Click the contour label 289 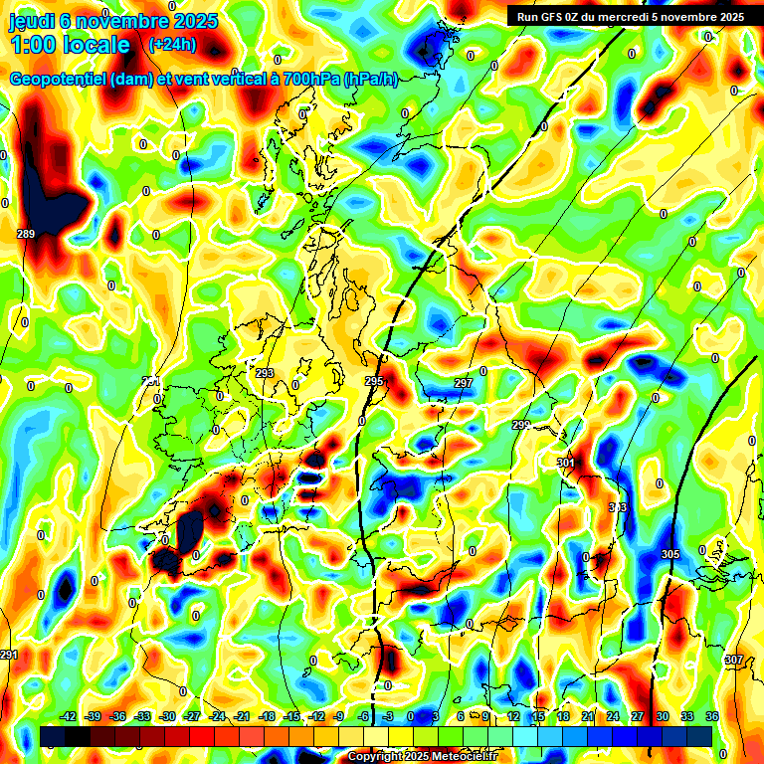(x=26, y=234)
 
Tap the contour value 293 (x=265, y=373)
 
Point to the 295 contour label (x=374, y=381)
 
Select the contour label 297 (x=464, y=383)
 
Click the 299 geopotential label (x=521, y=425)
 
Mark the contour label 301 (x=566, y=463)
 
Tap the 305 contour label (x=669, y=554)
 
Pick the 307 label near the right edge (x=733, y=660)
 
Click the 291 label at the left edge (x=9, y=655)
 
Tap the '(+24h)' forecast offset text (x=172, y=45)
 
